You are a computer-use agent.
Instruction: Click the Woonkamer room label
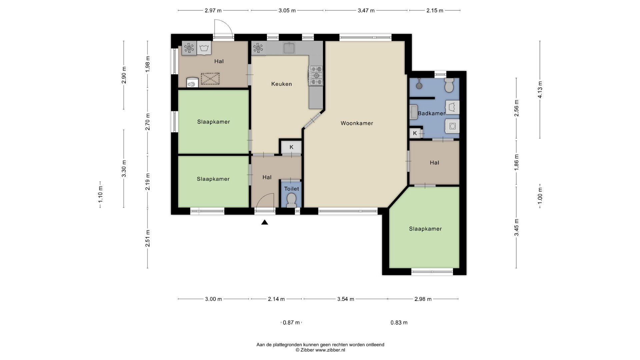(x=357, y=123)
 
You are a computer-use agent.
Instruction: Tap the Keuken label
(x=281, y=84)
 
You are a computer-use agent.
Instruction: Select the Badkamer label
(x=431, y=113)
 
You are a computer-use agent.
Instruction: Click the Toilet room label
(x=291, y=189)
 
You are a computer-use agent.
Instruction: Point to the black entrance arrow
(x=265, y=222)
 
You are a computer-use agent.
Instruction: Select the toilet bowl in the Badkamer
(x=449, y=85)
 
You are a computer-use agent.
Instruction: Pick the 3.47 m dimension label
(x=366, y=10)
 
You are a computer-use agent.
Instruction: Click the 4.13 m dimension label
(x=540, y=90)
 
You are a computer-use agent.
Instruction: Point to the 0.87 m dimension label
(x=291, y=323)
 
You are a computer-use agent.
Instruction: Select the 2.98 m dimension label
(x=423, y=299)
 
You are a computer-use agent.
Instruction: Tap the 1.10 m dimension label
(x=100, y=195)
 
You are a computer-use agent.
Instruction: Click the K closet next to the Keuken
(x=291, y=147)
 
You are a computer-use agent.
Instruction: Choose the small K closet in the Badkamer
(x=415, y=133)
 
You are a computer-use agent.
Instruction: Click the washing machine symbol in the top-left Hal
(x=204, y=48)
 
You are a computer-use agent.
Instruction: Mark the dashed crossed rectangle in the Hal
(x=210, y=79)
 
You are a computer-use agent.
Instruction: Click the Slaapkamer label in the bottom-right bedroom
(x=425, y=229)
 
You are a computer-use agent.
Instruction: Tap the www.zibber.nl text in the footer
(x=330, y=350)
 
